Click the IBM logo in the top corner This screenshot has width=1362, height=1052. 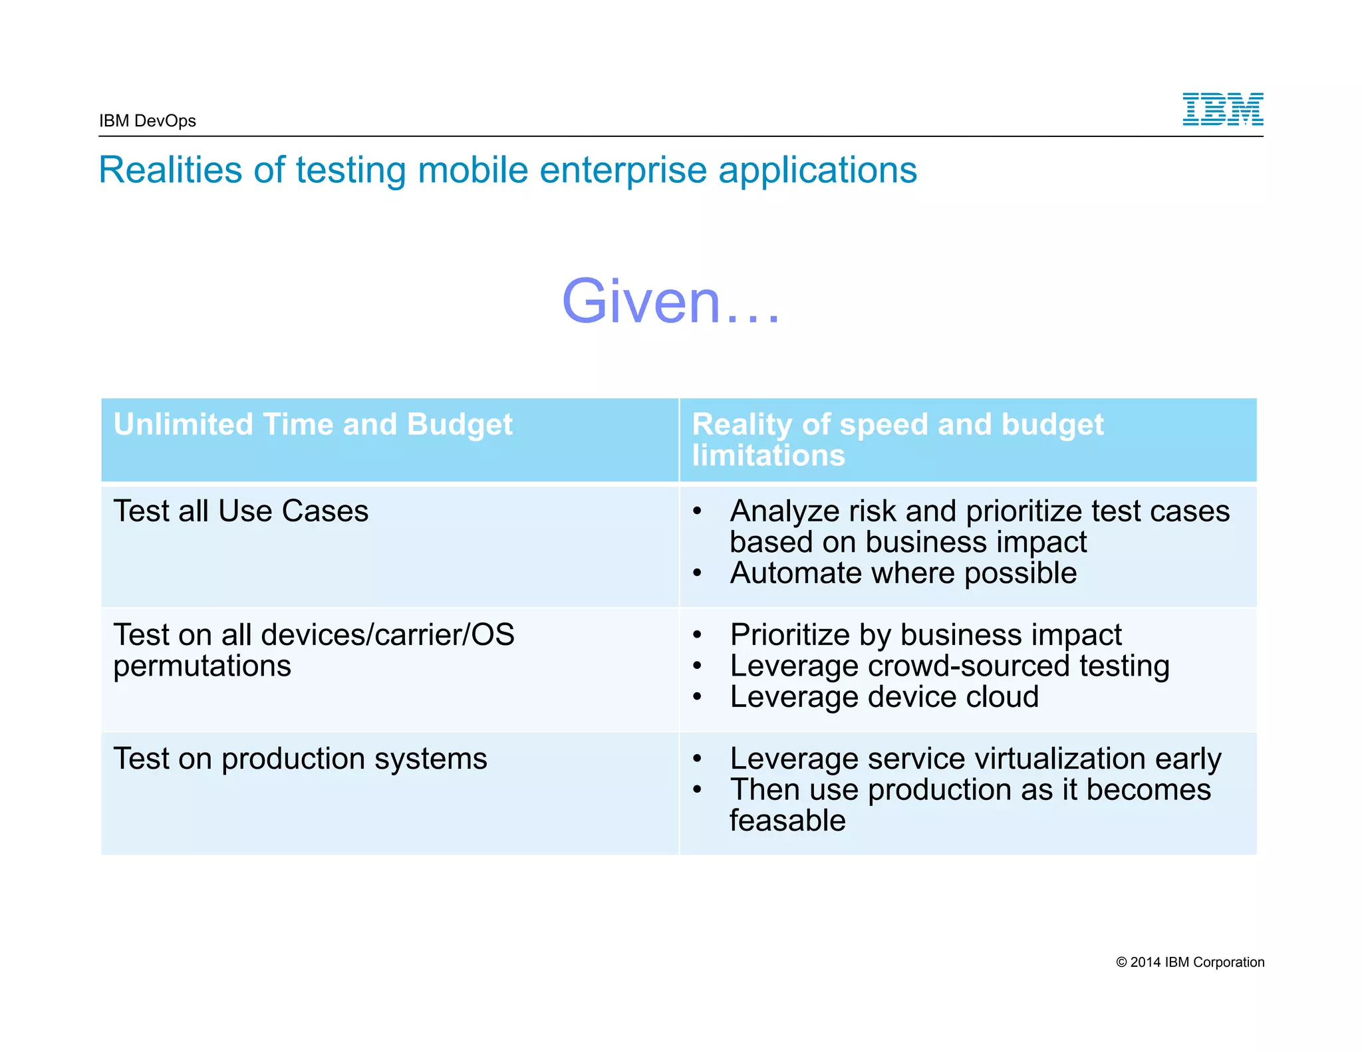(x=1222, y=109)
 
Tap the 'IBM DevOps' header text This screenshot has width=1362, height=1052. (x=148, y=121)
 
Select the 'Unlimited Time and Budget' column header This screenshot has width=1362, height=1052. (x=313, y=424)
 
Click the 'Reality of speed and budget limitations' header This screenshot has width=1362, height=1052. (x=897, y=440)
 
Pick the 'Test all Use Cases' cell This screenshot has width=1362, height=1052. (x=241, y=511)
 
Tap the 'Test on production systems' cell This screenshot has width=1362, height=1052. (x=300, y=759)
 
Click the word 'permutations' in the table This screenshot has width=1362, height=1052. (x=202, y=666)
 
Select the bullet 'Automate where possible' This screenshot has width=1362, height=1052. (x=903, y=573)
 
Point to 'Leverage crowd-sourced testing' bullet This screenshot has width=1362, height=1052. (x=949, y=666)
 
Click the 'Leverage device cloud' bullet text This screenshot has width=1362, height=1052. (x=884, y=697)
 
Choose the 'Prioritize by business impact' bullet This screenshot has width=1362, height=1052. (x=925, y=635)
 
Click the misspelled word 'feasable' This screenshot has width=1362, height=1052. (x=787, y=821)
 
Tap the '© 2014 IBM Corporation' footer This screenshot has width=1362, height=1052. (x=1190, y=962)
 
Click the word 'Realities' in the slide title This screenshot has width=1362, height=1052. (x=170, y=170)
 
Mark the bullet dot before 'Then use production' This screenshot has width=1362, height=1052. (x=697, y=790)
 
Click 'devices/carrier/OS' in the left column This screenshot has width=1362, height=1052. (x=388, y=635)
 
